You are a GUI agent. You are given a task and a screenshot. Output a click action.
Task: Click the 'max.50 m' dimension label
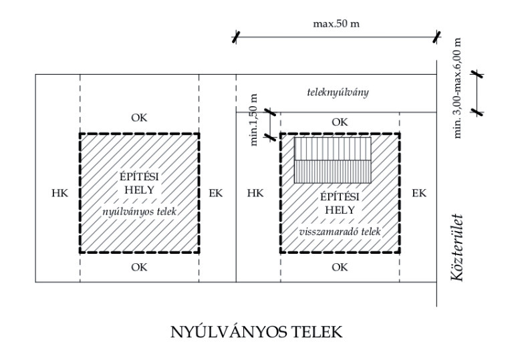(336, 24)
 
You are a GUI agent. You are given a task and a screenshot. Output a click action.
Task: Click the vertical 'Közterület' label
(457, 248)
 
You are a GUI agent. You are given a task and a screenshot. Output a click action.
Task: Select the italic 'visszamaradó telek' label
(340, 230)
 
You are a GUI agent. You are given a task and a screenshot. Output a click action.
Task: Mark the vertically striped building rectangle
(332, 160)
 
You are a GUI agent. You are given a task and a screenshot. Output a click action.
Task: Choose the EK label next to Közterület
(419, 193)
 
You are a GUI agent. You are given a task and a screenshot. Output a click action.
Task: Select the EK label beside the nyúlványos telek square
(216, 193)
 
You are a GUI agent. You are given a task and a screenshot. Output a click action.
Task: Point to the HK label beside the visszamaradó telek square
(256, 193)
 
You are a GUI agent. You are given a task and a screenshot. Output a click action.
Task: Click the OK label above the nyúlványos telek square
(139, 118)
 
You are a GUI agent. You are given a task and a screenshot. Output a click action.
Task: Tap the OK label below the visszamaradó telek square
(340, 267)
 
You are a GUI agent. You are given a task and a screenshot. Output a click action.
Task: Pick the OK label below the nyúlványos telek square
(139, 267)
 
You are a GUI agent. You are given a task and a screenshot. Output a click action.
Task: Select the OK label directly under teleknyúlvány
(340, 122)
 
